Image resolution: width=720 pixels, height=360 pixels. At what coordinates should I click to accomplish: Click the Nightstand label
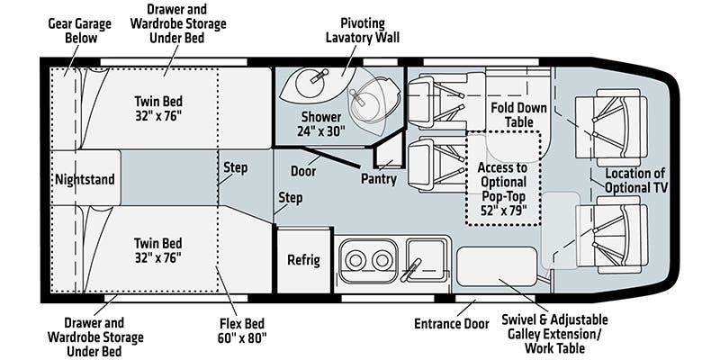(x=84, y=179)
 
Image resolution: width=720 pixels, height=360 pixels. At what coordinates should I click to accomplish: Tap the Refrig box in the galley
(x=303, y=261)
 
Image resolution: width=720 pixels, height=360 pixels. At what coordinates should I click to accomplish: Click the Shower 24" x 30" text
(x=320, y=124)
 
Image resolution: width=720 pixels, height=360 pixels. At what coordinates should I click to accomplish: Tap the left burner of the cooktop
(x=356, y=261)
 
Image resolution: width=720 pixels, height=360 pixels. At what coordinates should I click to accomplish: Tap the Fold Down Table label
(x=518, y=114)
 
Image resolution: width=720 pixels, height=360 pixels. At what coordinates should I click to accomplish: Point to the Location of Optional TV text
(x=634, y=180)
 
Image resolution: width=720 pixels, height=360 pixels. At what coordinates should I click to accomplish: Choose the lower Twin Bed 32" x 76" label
(x=157, y=250)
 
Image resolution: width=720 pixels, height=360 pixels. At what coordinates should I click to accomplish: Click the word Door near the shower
(x=302, y=170)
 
